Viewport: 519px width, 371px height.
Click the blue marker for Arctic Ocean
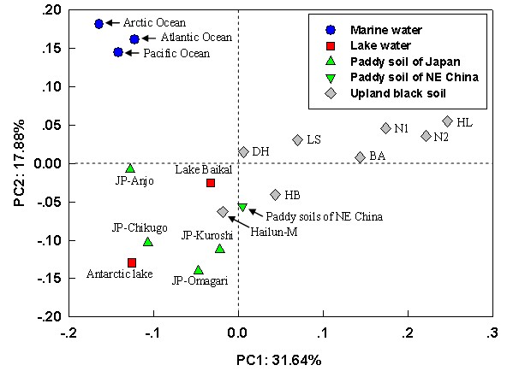coord(98,24)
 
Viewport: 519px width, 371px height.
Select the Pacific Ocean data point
coord(118,52)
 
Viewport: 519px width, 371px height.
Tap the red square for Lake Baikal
coord(211,183)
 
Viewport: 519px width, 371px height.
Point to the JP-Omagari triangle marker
coord(199,270)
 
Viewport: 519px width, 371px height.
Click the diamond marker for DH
coord(243,151)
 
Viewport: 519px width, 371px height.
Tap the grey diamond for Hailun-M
coord(223,211)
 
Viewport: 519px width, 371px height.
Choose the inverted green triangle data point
coord(242,207)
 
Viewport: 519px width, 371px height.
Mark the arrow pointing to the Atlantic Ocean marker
coord(149,39)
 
